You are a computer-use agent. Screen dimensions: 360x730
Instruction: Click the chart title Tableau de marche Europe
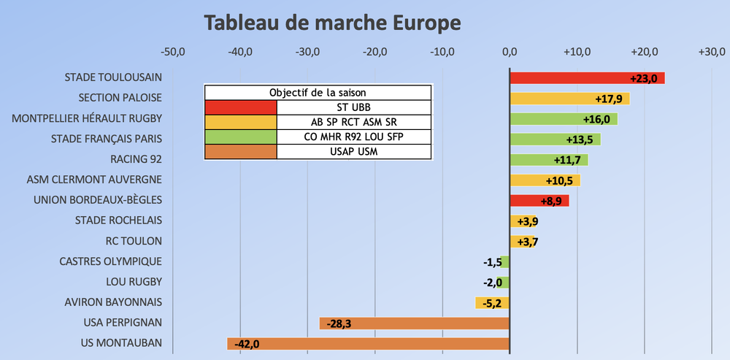click(332, 23)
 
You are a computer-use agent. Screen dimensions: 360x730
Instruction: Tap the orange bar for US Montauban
click(368, 344)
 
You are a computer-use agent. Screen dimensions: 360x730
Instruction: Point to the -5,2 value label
click(488, 303)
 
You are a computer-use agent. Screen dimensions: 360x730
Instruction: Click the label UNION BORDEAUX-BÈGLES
click(98, 200)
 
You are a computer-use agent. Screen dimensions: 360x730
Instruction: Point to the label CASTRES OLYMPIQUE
click(111, 261)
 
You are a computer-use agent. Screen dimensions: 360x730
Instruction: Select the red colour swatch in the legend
click(240, 107)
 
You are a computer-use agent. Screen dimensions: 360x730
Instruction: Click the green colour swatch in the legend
click(240, 137)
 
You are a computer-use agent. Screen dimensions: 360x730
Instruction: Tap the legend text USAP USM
click(354, 152)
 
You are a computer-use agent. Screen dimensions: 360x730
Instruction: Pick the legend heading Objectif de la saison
click(318, 93)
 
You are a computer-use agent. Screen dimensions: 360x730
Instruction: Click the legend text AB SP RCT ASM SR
click(354, 122)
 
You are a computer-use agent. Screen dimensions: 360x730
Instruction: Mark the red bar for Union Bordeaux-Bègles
click(539, 201)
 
